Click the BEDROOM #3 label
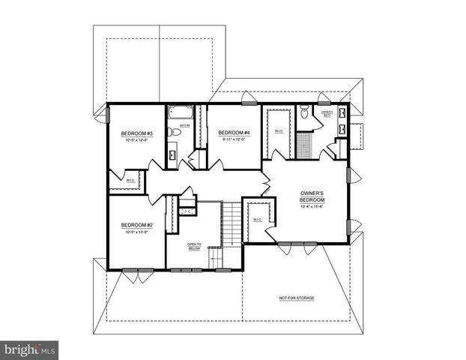click(136, 133)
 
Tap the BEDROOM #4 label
click(235, 133)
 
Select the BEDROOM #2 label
click(136, 225)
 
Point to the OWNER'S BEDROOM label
click(312, 196)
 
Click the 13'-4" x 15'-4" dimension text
click(312, 207)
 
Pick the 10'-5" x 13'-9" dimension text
click(136, 232)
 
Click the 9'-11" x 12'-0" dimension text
click(235, 139)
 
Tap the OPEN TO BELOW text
click(195, 247)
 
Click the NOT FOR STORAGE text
click(296, 298)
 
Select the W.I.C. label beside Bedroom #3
click(130, 180)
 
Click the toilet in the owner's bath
click(303, 114)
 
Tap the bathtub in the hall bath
click(180, 113)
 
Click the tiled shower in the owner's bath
click(303, 143)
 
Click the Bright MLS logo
click(30, 349)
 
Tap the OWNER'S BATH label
click(327, 114)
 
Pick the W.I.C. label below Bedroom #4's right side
click(279, 131)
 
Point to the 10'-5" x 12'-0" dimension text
click(136, 140)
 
